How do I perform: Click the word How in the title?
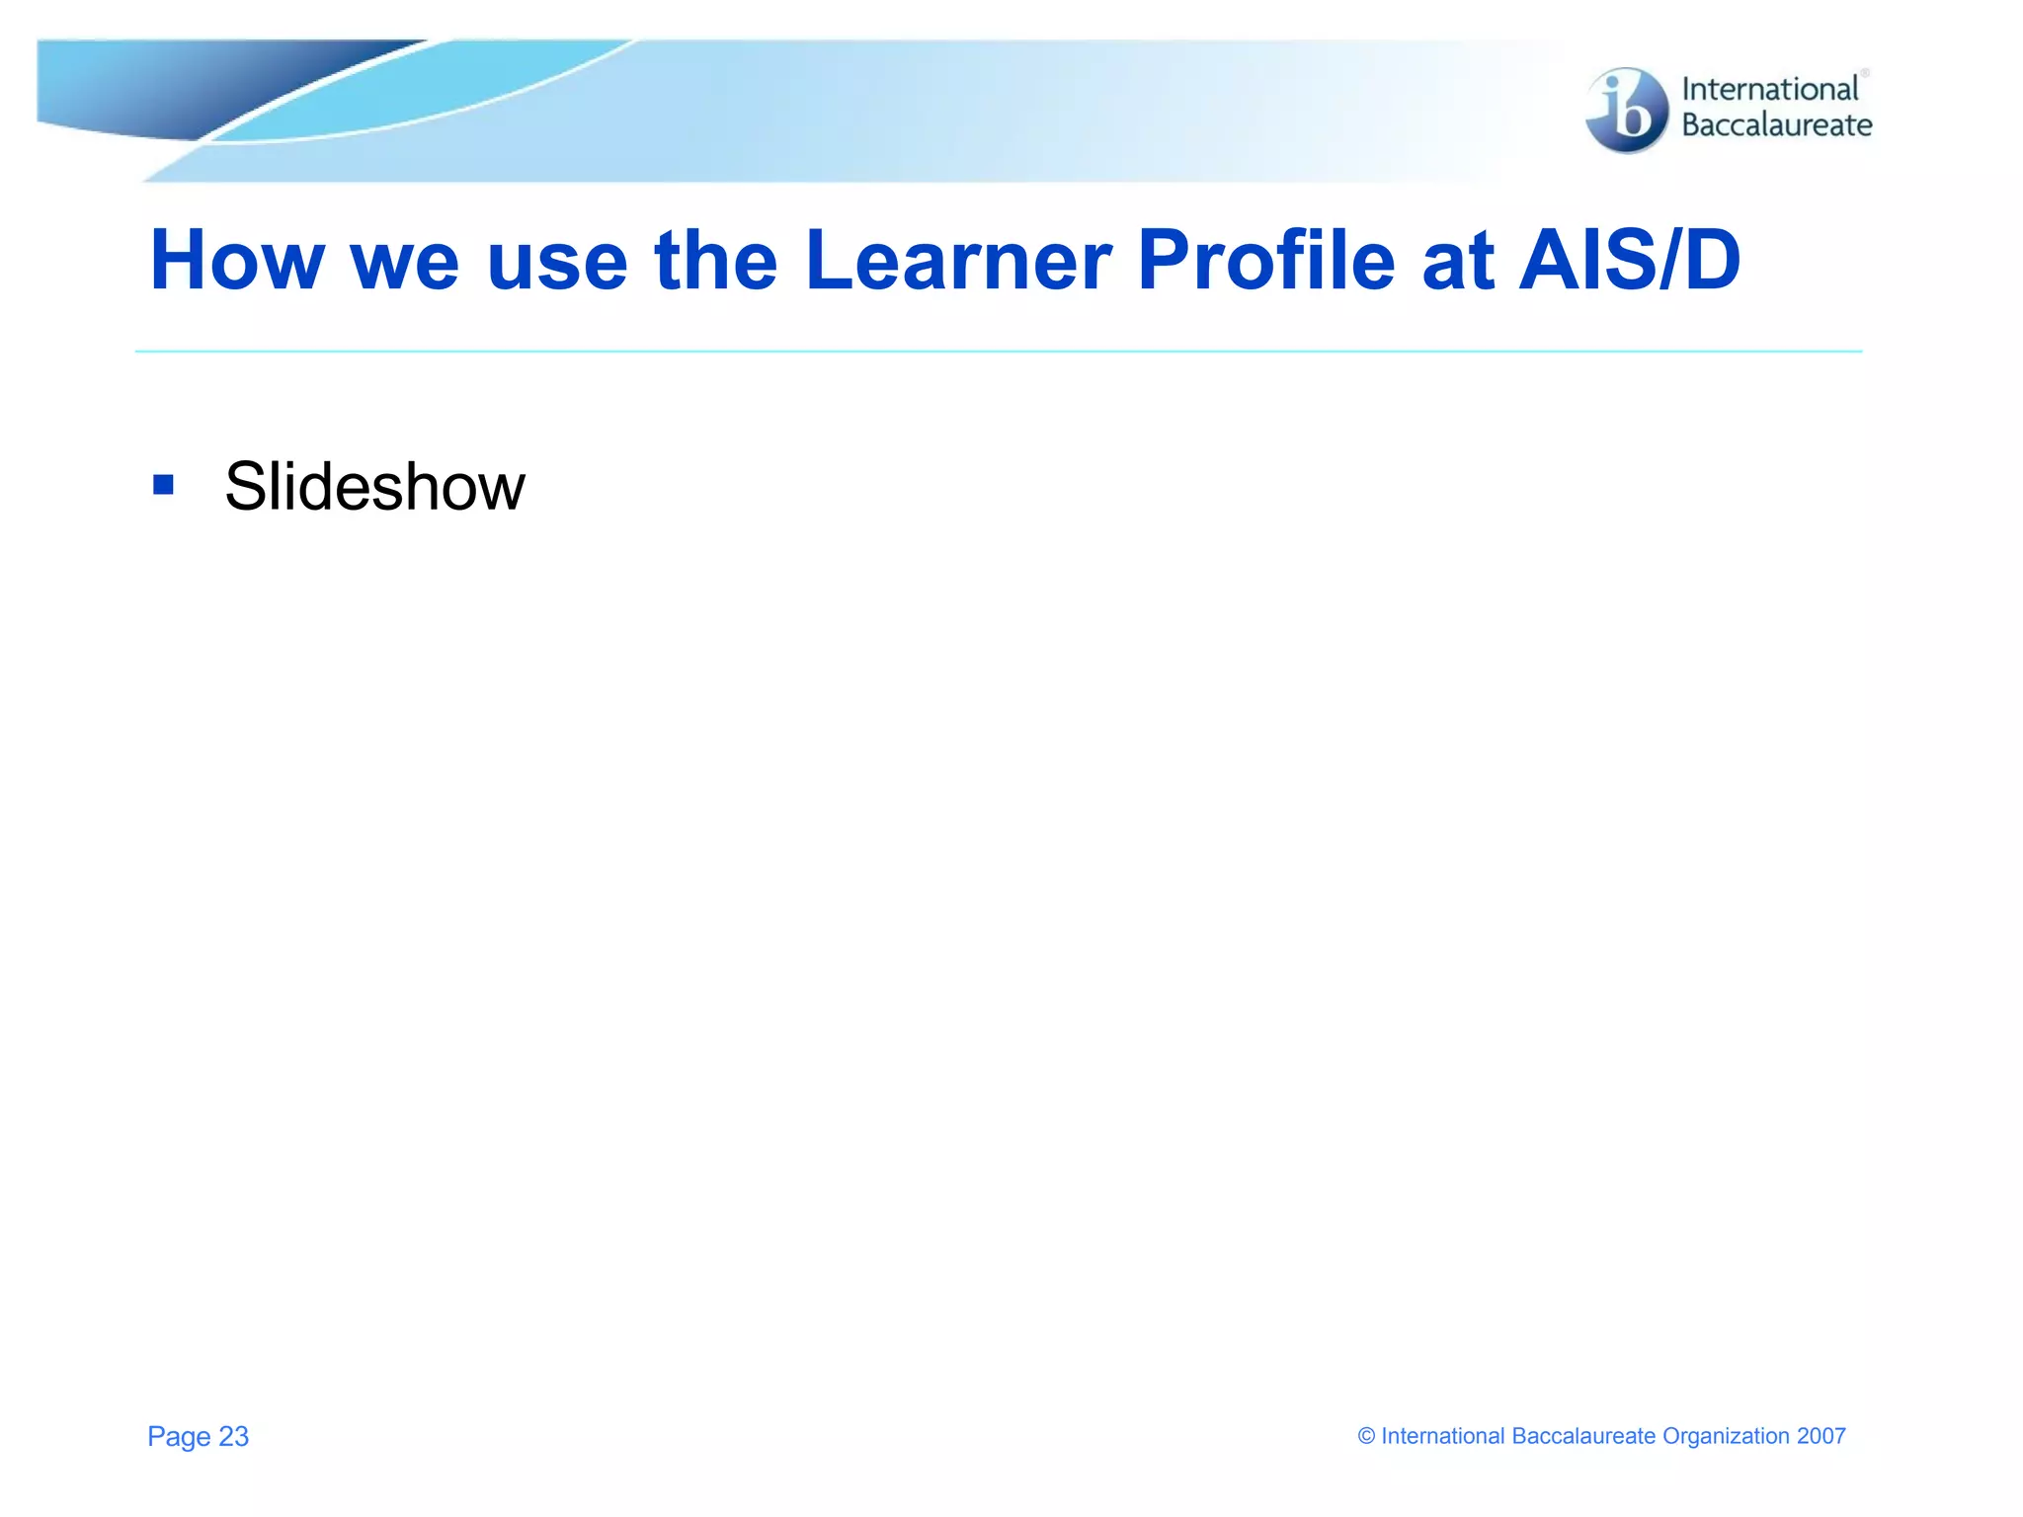coord(237,261)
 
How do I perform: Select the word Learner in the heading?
coord(958,261)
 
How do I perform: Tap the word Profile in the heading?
coord(1265,261)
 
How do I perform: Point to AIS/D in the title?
coord(1630,261)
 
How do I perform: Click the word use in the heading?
coord(557,263)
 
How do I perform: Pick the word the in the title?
coord(716,261)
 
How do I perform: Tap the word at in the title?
coord(1458,263)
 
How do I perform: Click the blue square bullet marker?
coord(164,485)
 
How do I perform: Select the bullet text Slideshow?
coord(374,487)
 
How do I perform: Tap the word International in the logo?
coord(1769,89)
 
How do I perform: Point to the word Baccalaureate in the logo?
coord(1776,125)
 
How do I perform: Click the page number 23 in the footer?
coord(234,1436)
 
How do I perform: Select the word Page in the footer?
coord(179,1437)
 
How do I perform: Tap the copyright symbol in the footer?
coord(1366,1436)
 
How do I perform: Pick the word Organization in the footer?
coord(1726,1436)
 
